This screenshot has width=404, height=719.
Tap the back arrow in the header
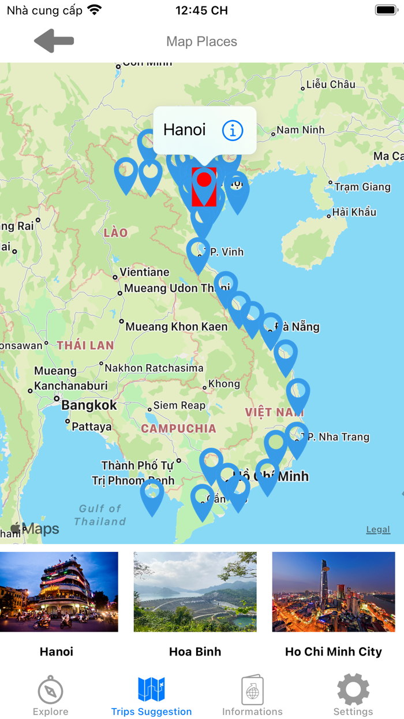54,41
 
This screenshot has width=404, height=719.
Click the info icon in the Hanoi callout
233,130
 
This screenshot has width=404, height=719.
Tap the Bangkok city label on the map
89,405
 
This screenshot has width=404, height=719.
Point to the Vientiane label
144,272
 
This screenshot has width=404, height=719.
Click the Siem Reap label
179,406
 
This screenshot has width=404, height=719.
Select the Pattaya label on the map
92,427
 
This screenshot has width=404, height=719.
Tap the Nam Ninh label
300,130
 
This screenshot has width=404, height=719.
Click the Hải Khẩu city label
354,212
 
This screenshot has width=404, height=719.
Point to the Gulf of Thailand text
100,514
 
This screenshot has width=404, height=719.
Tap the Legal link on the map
378,529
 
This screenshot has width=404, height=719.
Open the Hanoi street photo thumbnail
59,591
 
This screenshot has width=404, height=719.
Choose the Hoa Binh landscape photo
195,591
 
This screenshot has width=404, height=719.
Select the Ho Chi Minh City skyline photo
334,591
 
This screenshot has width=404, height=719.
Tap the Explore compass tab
50,691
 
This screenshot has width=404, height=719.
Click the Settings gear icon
353,690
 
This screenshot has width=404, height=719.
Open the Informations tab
252,691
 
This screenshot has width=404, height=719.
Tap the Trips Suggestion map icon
152,690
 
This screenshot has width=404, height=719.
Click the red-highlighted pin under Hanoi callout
204,186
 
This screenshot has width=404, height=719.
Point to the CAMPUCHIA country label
179,429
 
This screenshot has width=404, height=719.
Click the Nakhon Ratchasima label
154,368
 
